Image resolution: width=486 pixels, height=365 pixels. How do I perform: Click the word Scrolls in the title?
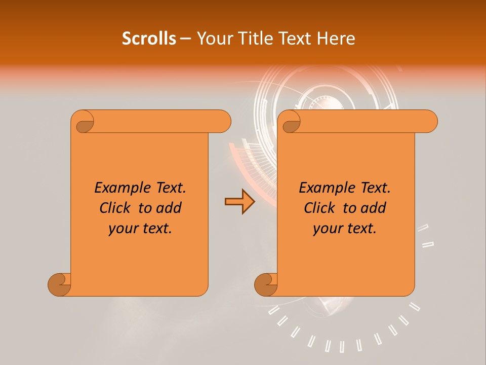pyautogui.click(x=149, y=39)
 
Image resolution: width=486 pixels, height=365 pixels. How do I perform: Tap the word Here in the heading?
pyautogui.click(x=336, y=39)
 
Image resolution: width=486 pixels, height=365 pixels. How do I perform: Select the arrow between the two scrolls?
pyautogui.click(x=239, y=202)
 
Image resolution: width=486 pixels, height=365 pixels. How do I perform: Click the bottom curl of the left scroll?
pyautogui.click(x=60, y=284)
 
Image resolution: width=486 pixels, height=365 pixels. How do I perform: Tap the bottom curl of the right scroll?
pyautogui.click(x=266, y=284)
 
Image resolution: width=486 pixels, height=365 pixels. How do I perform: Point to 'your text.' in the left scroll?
pyautogui.click(x=140, y=229)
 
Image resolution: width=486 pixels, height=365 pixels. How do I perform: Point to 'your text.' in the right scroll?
pyautogui.click(x=345, y=229)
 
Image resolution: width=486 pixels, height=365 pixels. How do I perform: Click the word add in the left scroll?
pyautogui.click(x=168, y=208)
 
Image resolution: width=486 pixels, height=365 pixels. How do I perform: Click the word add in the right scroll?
pyautogui.click(x=373, y=208)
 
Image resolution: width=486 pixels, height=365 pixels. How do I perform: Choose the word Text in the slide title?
pyautogui.click(x=295, y=39)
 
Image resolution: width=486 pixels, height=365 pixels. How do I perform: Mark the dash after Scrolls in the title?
pyautogui.click(x=186, y=39)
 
